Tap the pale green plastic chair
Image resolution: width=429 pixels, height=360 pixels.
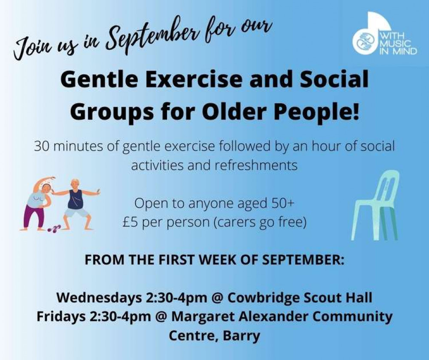click(x=375, y=205)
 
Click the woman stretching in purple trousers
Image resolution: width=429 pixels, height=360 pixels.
click(x=38, y=203)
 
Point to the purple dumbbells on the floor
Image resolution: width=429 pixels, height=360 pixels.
click(x=54, y=228)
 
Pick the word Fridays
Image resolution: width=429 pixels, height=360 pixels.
click(x=61, y=317)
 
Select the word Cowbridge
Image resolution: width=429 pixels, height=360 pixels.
click(x=264, y=298)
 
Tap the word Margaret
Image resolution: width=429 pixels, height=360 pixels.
click(x=203, y=317)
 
